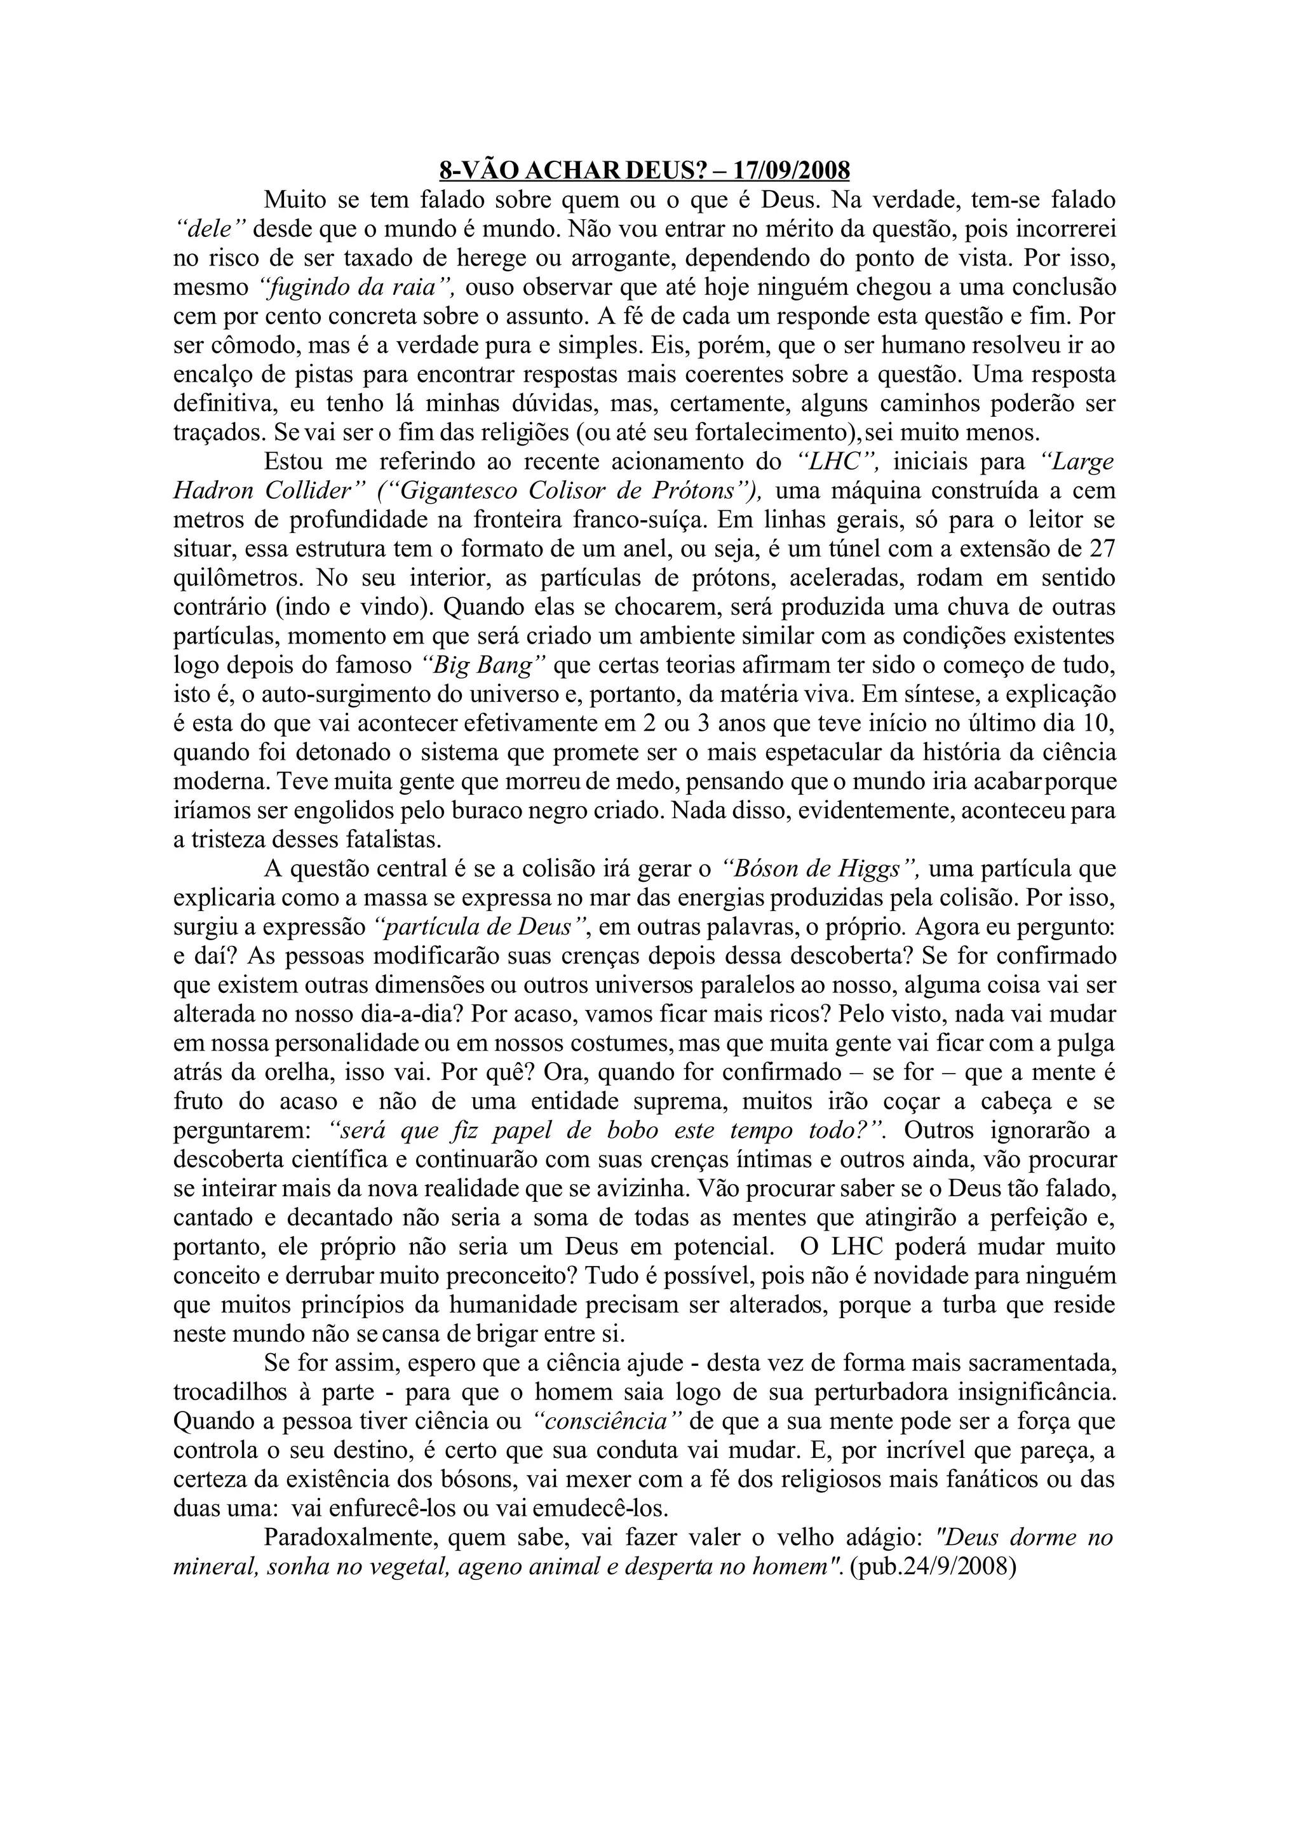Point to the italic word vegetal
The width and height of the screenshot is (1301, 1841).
coord(407,1566)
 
